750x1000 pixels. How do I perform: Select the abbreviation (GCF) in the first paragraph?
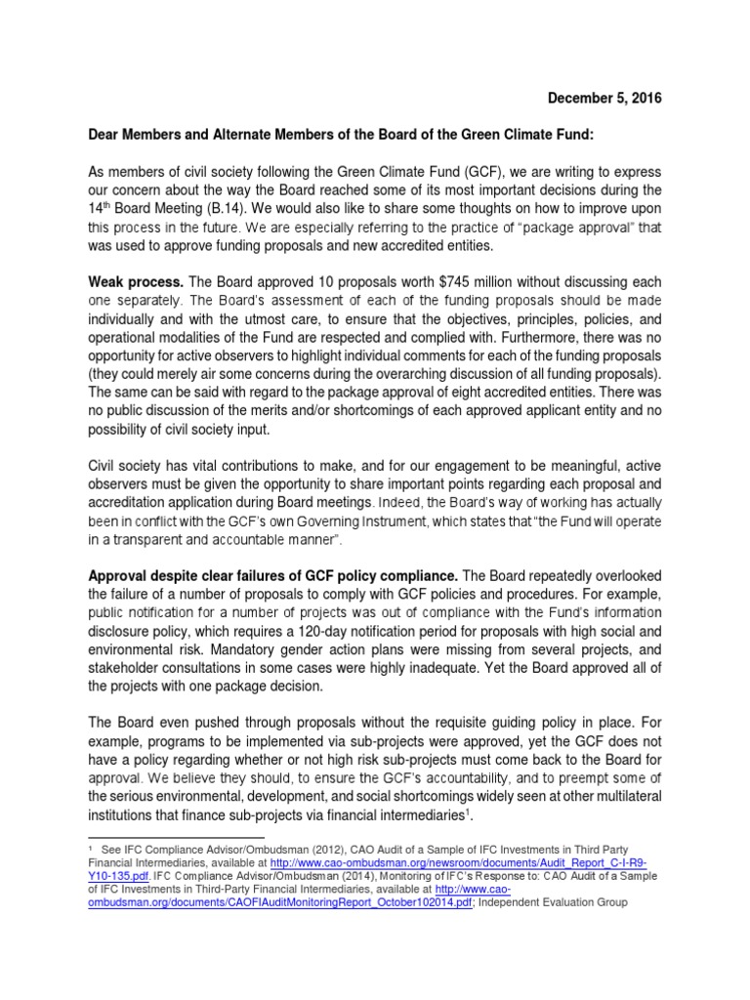click(503, 170)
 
